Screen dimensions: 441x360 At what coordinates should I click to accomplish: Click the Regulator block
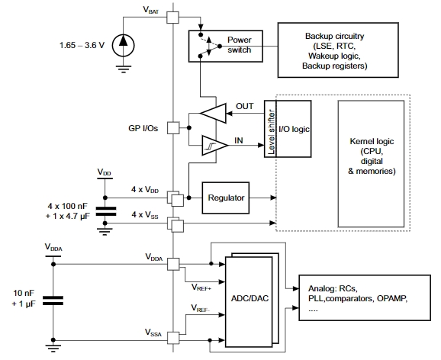(226, 198)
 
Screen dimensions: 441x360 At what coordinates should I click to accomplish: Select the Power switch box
(226, 46)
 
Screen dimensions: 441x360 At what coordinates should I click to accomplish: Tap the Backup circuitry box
(338, 50)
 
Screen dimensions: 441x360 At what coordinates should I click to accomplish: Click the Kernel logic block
(371, 164)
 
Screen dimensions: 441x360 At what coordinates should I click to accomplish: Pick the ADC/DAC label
(249, 298)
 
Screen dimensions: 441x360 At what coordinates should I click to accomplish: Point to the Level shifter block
(270, 129)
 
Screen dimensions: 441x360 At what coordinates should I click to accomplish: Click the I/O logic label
(294, 129)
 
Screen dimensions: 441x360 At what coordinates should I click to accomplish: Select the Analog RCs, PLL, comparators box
(365, 297)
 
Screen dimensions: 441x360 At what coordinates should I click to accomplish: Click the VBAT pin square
(172, 17)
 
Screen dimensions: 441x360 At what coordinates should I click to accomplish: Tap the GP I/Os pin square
(173, 128)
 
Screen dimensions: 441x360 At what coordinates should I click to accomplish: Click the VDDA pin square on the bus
(173, 265)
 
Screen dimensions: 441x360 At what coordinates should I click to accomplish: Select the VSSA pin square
(173, 338)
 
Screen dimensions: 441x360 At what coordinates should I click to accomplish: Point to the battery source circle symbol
(123, 45)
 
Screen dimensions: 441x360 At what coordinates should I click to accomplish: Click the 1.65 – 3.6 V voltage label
(82, 45)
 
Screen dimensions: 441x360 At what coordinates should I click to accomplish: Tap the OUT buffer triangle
(213, 114)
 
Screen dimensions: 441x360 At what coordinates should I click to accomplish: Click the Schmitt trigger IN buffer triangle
(214, 146)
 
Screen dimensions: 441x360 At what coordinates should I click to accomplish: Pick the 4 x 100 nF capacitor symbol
(106, 211)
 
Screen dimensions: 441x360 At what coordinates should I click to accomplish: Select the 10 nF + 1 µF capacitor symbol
(53, 301)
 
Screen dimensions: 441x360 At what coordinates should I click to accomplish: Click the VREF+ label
(201, 287)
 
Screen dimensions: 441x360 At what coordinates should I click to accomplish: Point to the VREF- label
(200, 308)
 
